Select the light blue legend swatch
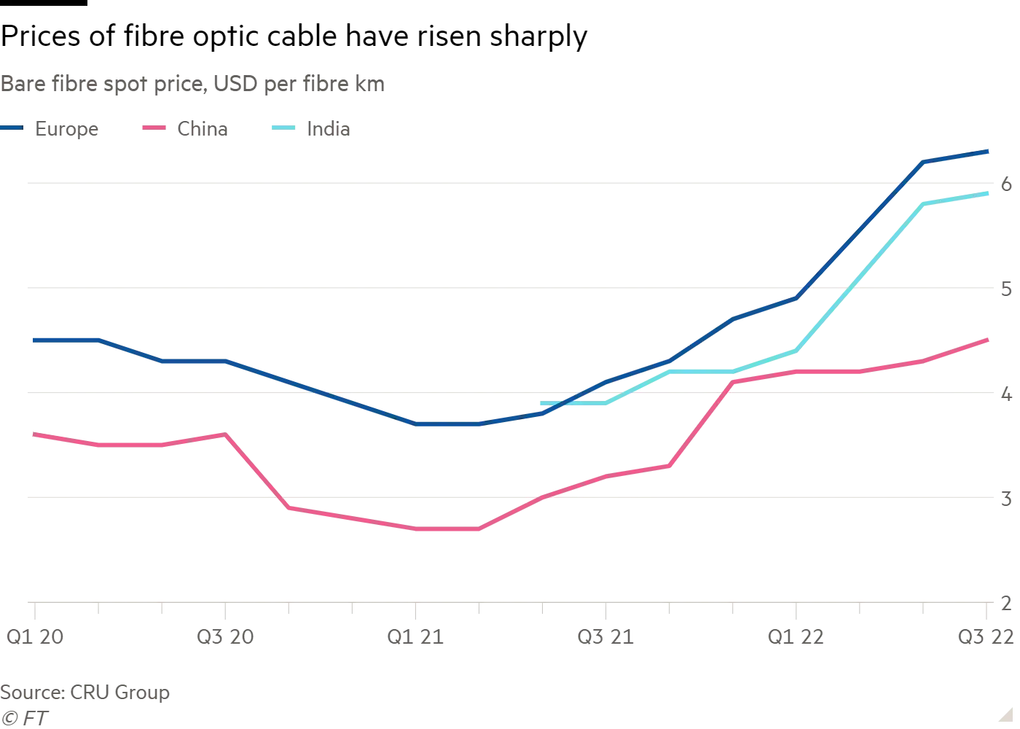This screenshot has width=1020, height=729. pyautogui.click(x=283, y=130)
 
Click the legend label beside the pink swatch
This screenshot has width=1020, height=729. pyautogui.click(x=200, y=130)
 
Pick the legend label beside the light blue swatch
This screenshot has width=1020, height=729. pyautogui.click(x=326, y=130)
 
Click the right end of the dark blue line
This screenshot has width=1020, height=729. pyautogui.click(x=989, y=152)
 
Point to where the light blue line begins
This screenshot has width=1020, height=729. pyautogui.click(x=540, y=402)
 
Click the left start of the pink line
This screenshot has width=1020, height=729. pyautogui.click(x=32, y=434)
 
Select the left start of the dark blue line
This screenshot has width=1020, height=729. pyautogui.click(x=32, y=339)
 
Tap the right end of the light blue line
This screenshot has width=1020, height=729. pyautogui.click(x=989, y=194)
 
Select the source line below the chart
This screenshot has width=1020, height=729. pyautogui.click(x=87, y=692)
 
